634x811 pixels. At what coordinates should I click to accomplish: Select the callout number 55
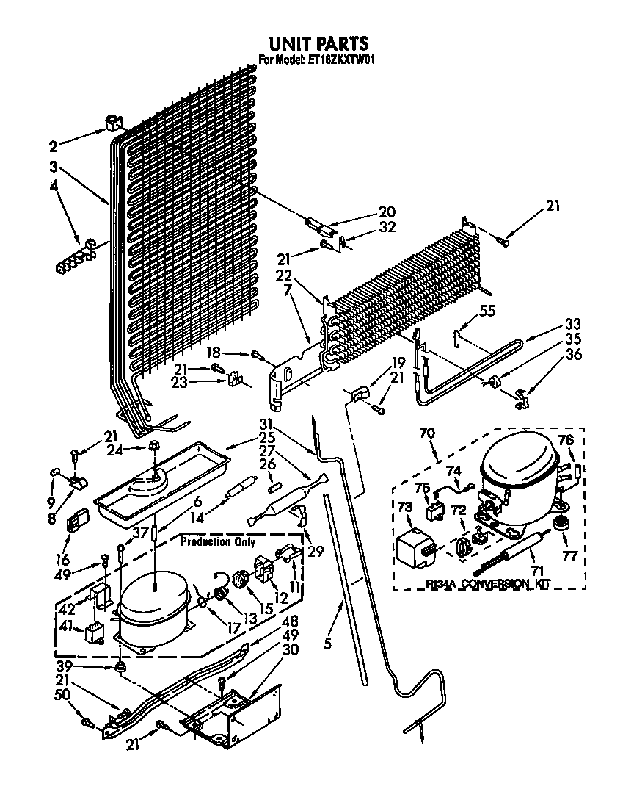[x=488, y=311]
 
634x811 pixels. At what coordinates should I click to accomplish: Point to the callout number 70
[x=426, y=435]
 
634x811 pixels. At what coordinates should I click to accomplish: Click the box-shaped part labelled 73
[x=415, y=545]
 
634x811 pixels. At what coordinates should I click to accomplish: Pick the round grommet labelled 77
[x=562, y=523]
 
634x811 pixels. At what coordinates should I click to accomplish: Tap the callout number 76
[x=565, y=440]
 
